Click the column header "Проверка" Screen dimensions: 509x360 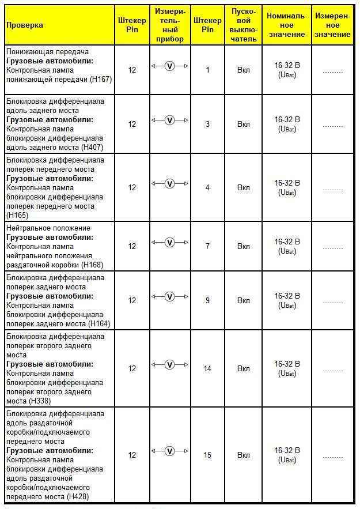click(25, 25)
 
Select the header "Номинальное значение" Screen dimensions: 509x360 click(287, 25)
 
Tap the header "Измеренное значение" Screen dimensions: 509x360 click(333, 25)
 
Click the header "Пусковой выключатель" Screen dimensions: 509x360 click(244, 25)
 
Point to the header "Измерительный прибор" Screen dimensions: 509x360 click(170, 25)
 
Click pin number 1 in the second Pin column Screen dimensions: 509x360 click(207, 70)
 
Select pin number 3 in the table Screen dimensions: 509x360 click(207, 124)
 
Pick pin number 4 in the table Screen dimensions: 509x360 click(207, 187)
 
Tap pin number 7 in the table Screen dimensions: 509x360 click(207, 246)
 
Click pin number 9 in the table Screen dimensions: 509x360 click(207, 300)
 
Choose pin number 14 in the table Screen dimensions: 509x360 click(207, 368)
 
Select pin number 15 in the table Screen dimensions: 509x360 click(207, 455)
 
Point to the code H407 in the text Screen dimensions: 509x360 click(92, 148)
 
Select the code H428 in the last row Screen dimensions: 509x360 click(79, 496)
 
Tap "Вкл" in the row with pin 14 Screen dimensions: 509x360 click(244, 368)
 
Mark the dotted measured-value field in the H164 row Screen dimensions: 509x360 click(333, 302)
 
